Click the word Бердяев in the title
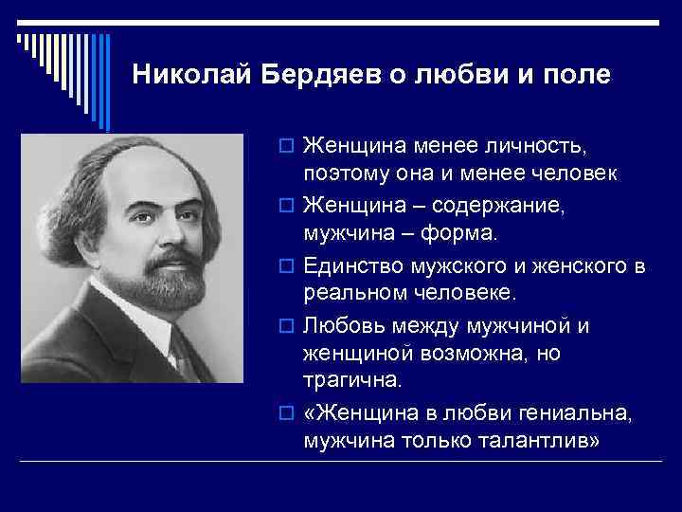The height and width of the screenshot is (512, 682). tap(316, 73)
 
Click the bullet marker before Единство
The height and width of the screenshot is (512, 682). tap(288, 264)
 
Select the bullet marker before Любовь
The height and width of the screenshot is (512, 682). tap(288, 326)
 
